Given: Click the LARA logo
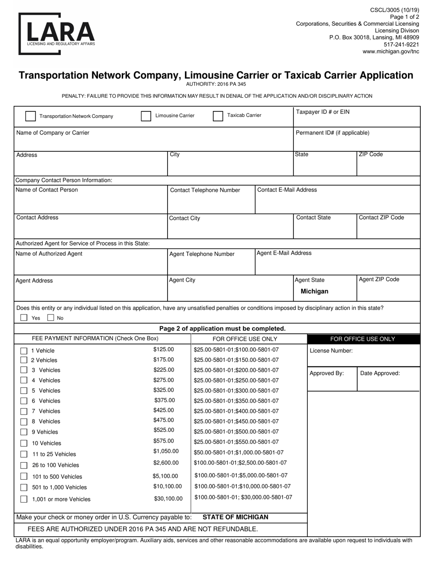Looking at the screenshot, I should pos(57,33).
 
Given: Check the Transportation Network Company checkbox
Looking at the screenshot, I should pos(30,116).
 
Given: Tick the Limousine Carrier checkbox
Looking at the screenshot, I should pos(146,116).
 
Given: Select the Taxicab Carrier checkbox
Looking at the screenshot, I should pos(218,116).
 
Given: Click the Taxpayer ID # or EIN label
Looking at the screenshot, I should pos(322,112).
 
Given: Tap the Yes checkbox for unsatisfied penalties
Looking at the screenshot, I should pos(24,317).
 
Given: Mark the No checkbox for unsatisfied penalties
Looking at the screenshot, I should pos(51,317).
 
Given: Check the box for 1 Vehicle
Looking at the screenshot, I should pos(24,351).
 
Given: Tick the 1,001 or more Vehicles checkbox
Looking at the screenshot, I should pos(24,499).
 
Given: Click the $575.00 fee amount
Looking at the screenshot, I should pos(163,441).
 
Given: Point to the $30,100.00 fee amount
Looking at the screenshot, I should pos(168,498).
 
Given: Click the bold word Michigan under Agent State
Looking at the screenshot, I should pos(314,291).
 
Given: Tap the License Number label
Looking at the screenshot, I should pos(331,351).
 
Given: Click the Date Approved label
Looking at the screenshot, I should pos(380,373).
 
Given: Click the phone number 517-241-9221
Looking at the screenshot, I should pos(401,44).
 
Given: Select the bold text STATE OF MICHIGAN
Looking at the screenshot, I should pos(235,517).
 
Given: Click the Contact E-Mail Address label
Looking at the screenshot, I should pos(287,190).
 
